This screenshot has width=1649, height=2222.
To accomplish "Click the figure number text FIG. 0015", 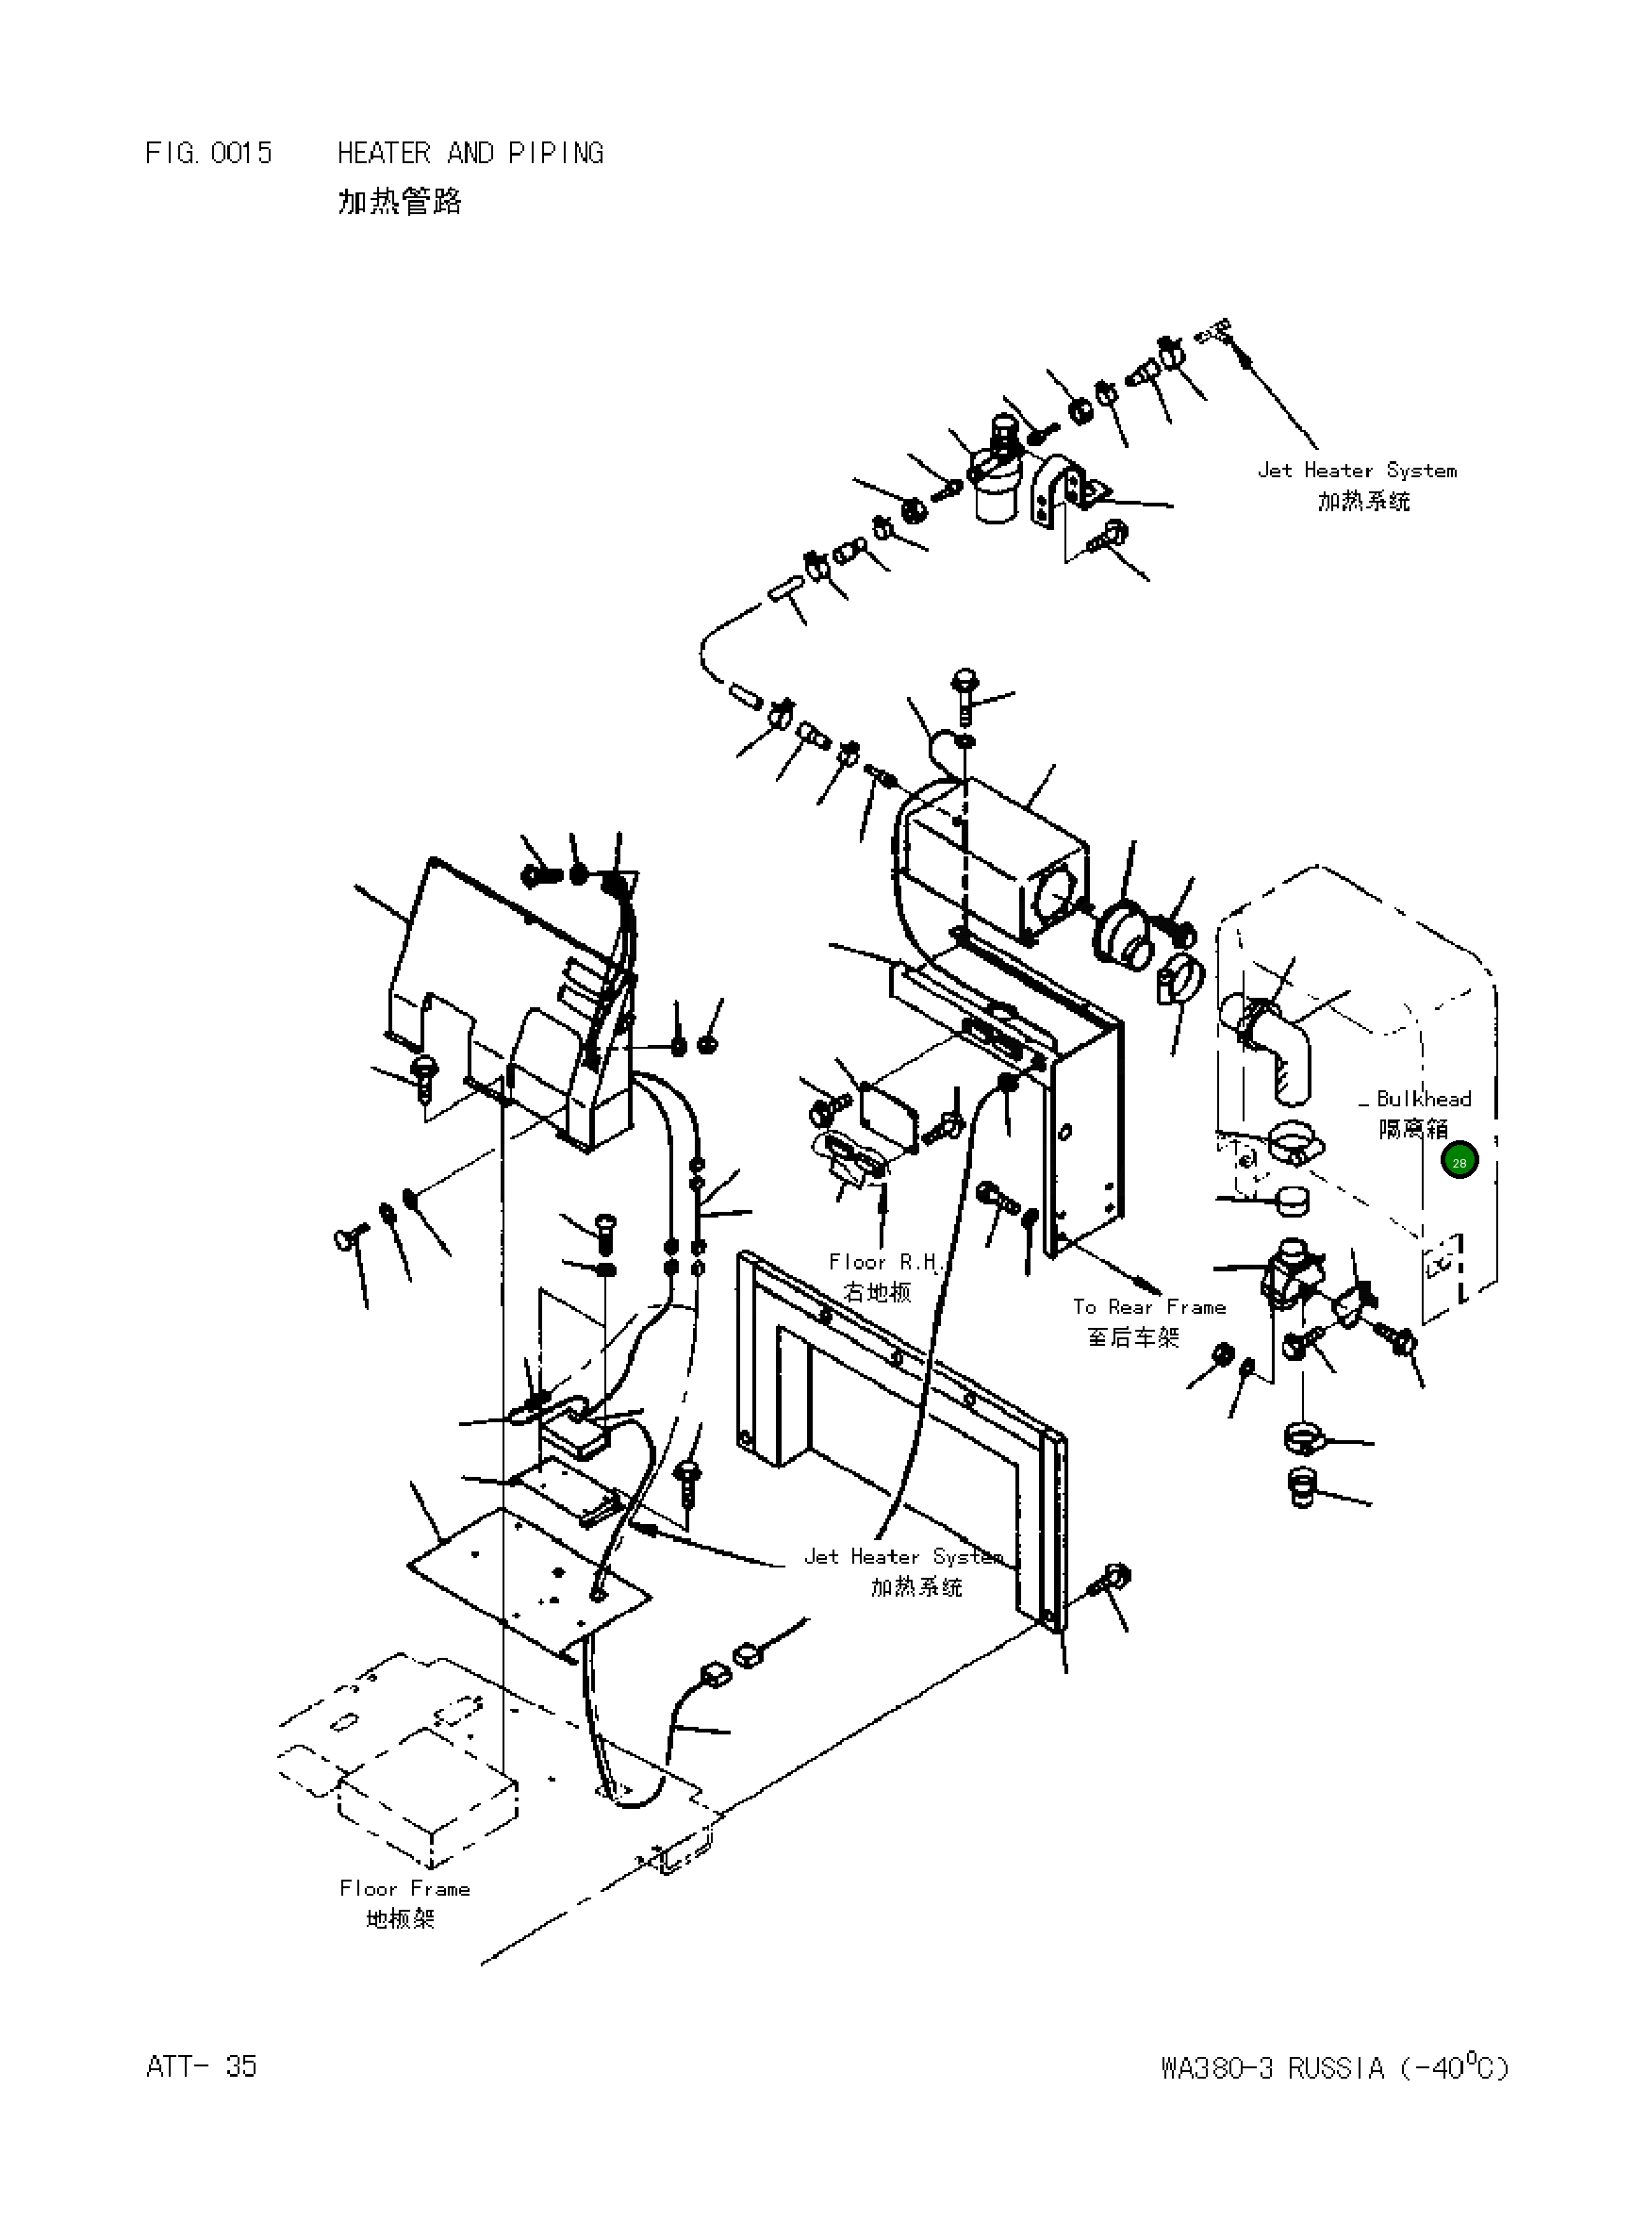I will click(207, 153).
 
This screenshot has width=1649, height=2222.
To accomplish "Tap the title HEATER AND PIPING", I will click(470, 153).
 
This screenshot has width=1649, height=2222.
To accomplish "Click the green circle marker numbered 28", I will click(1459, 1162).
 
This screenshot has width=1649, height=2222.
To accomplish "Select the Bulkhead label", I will click(1423, 1099).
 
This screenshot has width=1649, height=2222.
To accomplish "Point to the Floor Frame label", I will click(404, 1888).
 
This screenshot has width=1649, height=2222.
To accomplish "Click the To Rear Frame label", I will click(1149, 1306).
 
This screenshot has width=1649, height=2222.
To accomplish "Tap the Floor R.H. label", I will click(884, 1263).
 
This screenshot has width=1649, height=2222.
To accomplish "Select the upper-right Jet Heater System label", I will click(1357, 471).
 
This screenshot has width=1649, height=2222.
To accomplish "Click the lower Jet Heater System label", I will click(903, 1556).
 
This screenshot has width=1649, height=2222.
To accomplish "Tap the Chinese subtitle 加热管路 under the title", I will click(399, 203).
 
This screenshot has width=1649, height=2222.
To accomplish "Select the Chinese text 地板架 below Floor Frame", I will click(401, 1918).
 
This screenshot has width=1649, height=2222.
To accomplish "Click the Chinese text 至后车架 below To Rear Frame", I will click(1134, 1336).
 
